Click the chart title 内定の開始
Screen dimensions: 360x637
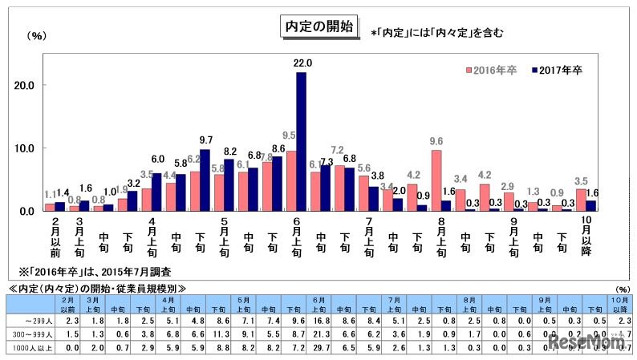[318, 26]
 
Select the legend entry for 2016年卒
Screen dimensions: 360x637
[493, 71]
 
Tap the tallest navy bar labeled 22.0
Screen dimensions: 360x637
[302, 141]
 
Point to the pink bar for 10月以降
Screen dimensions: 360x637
[581, 200]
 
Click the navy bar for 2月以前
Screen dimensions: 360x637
[59, 206]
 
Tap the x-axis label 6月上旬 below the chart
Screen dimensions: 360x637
[297, 237]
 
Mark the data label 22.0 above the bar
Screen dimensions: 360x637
[302, 63]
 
